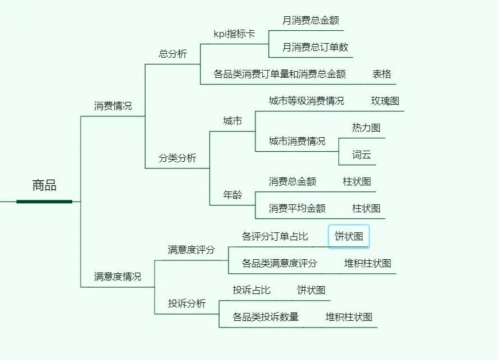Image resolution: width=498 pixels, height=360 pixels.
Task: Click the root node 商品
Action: (44, 185)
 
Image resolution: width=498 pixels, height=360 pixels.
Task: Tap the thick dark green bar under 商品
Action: (44, 201)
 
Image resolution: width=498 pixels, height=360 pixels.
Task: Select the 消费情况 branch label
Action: (113, 106)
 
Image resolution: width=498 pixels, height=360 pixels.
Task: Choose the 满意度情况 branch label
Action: (118, 277)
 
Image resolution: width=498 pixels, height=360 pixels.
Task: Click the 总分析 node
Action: (173, 54)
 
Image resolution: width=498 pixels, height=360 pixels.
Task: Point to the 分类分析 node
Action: (178, 158)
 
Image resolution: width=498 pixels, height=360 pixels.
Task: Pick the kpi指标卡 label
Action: (234, 34)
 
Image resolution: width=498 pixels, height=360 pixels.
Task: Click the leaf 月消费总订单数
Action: (315, 47)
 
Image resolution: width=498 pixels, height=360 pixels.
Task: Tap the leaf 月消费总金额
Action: (310, 20)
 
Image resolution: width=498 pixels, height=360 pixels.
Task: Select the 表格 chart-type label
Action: (381, 74)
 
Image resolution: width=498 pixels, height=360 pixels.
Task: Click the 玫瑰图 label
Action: (385, 101)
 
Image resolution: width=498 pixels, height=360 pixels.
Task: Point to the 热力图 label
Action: (366, 128)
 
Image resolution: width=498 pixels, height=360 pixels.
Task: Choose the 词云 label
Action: (361, 155)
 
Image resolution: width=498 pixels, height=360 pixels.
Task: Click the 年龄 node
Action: (232, 195)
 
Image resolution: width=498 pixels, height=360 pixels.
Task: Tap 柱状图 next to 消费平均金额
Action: (366, 208)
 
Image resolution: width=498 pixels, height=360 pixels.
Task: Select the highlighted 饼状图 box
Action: (348, 236)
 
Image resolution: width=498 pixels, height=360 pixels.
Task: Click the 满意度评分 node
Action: (191, 250)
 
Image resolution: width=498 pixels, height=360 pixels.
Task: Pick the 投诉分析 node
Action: (187, 303)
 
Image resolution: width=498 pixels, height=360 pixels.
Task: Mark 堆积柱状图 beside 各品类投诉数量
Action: (349, 317)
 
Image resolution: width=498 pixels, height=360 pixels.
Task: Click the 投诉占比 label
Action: (252, 290)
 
